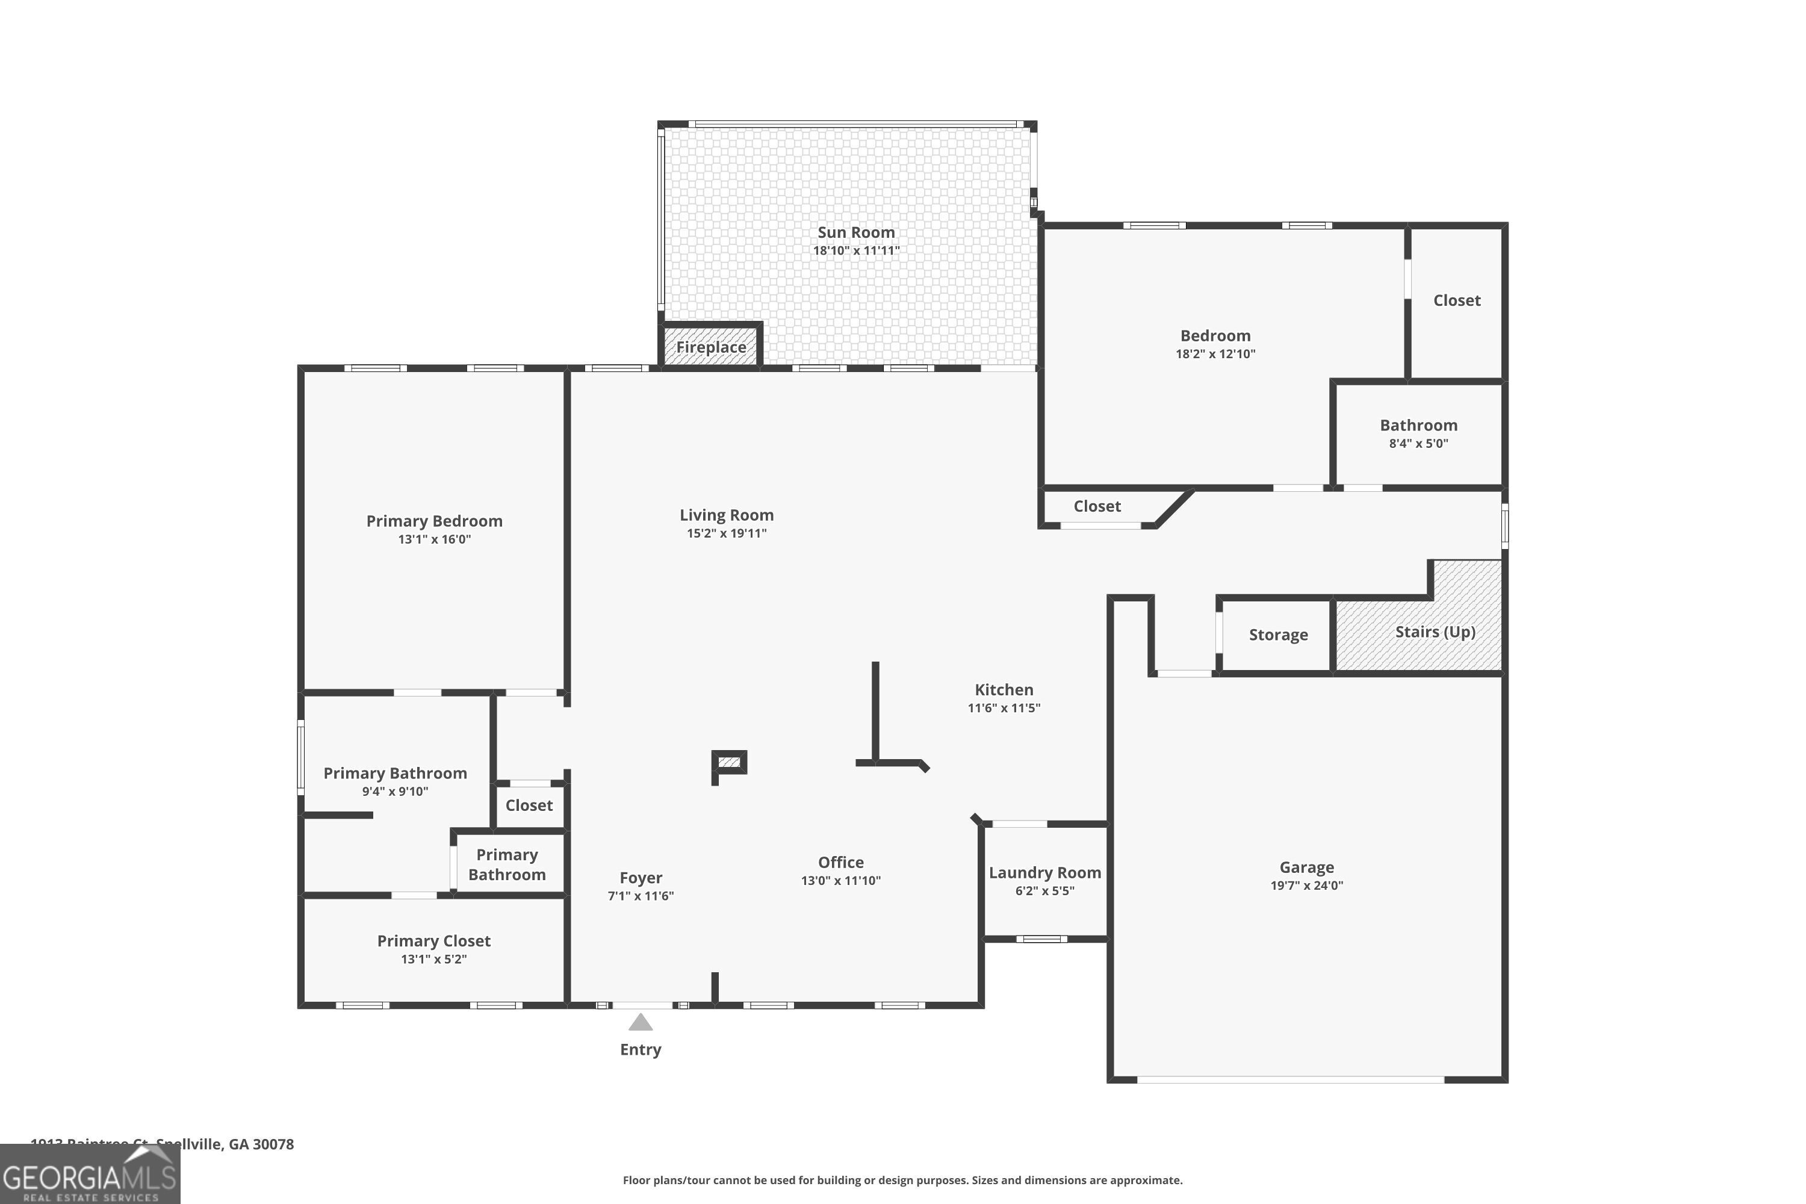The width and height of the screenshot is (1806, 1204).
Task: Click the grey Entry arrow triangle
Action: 641,1022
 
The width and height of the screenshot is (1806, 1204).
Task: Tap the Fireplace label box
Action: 711,347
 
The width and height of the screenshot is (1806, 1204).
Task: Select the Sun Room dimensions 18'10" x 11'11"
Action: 855,250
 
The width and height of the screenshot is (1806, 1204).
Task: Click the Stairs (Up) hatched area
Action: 1435,631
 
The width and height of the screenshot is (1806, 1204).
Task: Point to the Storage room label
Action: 1277,635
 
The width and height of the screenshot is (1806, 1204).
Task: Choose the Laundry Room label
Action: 1044,872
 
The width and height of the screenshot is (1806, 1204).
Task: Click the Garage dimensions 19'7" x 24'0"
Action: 1306,886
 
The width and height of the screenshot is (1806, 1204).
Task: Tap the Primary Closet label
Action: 434,940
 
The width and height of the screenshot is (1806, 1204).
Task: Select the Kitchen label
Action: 1004,689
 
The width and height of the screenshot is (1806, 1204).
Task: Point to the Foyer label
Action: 641,878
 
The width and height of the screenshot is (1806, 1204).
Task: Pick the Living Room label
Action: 727,515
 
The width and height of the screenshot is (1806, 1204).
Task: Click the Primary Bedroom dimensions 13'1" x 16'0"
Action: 434,539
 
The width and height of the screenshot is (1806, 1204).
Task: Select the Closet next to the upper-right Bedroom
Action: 1456,300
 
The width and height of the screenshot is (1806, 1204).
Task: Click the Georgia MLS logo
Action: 90,1173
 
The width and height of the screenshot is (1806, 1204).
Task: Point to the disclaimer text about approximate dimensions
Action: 902,1180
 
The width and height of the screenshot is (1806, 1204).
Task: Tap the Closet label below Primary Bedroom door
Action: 529,805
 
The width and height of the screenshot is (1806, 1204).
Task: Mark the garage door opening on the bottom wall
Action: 1290,1079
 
